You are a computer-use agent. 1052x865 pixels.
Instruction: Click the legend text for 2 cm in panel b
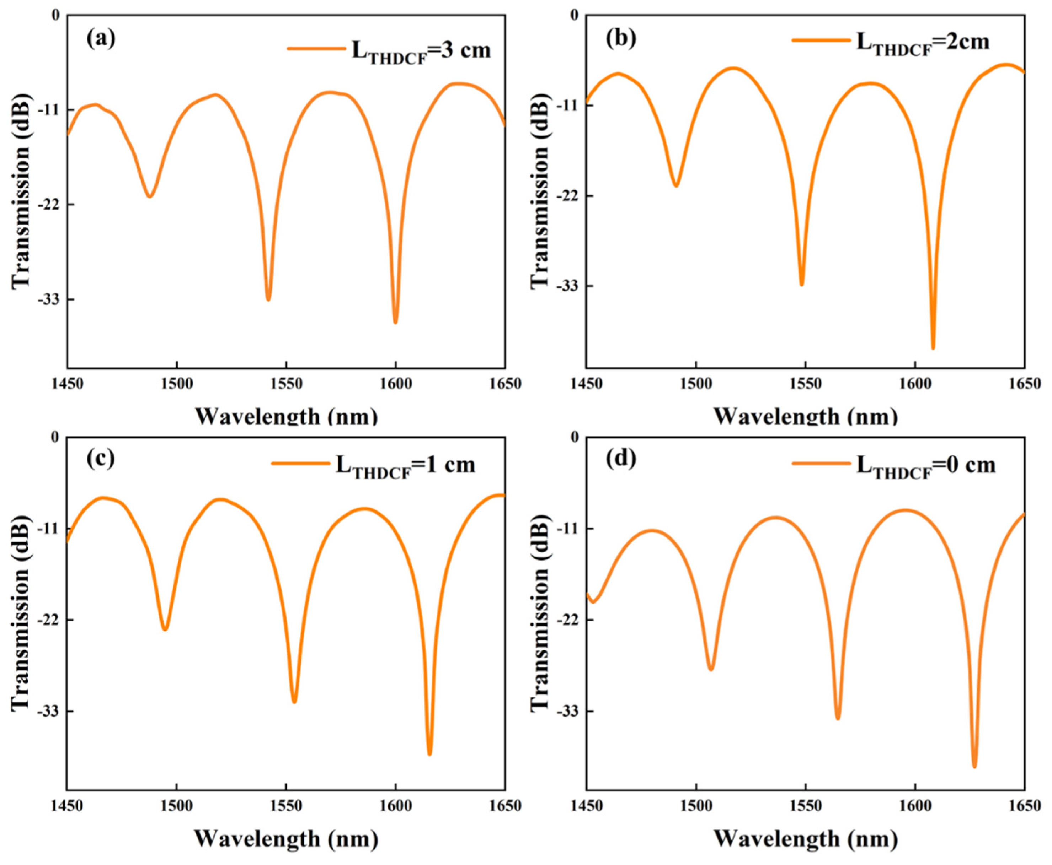(922, 43)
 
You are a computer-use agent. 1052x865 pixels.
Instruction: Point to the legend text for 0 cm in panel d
(926, 466)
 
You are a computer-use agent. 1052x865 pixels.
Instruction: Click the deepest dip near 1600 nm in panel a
(395, 322)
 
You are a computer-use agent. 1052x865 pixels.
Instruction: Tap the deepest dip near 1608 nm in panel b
(933, 347)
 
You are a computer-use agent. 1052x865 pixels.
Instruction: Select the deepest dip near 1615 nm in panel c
(429, 754)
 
